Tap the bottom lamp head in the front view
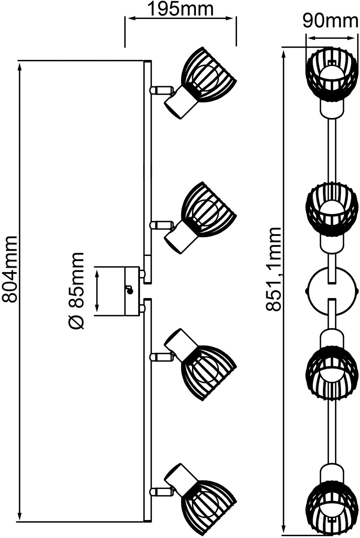coord(332,504)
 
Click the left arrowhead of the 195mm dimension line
coord(128,18)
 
